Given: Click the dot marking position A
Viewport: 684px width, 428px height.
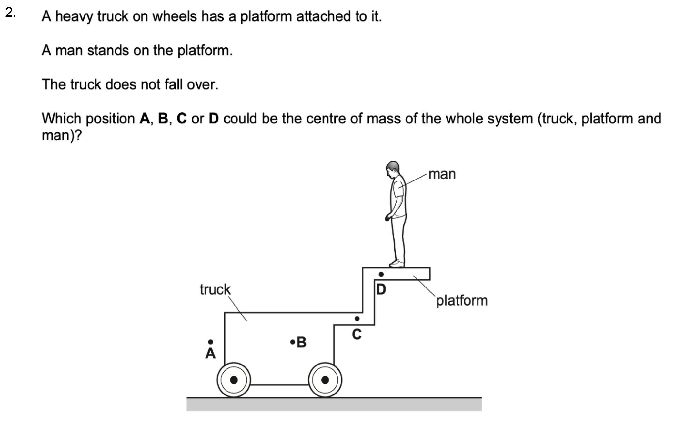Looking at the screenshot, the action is (x=210, y=342).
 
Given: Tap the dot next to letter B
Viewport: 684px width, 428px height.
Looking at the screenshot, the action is (x=292, y=342).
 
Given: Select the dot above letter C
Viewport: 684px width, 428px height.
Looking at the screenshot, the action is (x=357, y=319).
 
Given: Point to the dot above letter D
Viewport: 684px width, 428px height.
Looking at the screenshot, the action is (x=381, y=274).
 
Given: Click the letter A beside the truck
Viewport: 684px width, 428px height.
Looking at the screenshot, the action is (x=210, y=353).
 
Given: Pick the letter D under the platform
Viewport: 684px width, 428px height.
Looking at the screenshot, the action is (x=381, y=289).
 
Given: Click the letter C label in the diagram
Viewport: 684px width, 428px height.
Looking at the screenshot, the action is (x=357, y=334).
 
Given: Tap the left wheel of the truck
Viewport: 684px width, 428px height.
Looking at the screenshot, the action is (x=234, y=380).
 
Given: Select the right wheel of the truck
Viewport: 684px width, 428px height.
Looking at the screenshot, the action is (x=325, y=380).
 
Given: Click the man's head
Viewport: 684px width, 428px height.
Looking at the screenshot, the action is (x=393, y=169).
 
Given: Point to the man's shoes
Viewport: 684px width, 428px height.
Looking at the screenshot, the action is (x=397, y=264).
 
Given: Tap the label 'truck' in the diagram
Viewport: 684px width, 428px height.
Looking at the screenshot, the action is (x=215, y=289).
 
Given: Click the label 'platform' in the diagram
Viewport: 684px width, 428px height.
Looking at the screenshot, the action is (x=462, y=301).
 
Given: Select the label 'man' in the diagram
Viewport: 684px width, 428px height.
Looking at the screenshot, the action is (x=442, y=174).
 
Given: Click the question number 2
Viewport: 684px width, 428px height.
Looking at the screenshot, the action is (x=10, y=13).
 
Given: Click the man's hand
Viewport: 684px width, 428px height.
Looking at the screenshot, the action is (x=387, y=218).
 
